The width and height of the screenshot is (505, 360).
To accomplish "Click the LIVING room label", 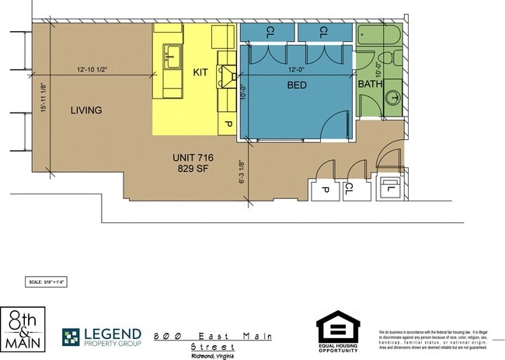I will (85, 110).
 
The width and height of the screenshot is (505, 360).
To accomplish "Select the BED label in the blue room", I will (296, 86).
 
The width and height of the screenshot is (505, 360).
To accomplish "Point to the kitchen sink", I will (172, 56).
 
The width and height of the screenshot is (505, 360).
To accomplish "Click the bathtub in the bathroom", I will (378, 35).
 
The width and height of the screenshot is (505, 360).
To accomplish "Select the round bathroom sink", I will (393, 98).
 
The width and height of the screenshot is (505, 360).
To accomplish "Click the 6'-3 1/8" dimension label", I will (242, 173).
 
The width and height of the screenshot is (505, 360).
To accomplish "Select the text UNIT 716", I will (192, 159).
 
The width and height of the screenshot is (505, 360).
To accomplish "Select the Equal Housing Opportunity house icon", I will (338, 327).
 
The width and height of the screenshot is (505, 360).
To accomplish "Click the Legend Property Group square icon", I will (71, 337).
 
